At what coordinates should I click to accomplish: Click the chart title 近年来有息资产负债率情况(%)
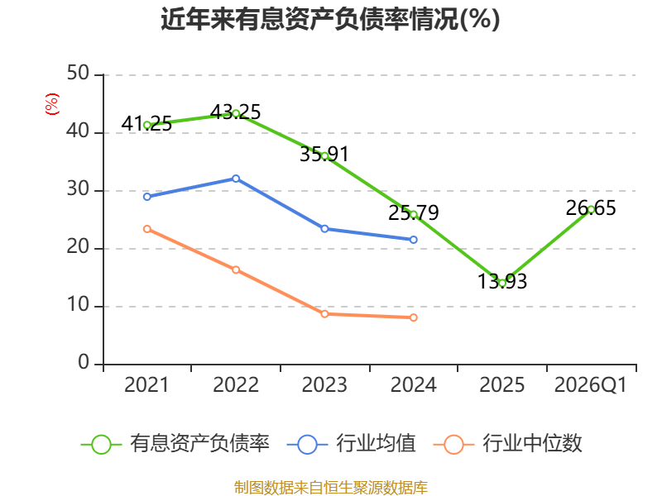pos(330,19)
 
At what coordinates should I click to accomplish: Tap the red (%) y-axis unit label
pos(52,104)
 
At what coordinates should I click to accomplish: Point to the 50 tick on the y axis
pos(78,74)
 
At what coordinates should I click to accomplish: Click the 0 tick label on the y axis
pos(84,362)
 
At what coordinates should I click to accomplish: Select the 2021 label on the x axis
pos(146,385)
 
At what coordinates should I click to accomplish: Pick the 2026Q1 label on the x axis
pos(591,385)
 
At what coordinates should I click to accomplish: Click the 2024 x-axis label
pos(413,385)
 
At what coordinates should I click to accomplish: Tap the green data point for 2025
pos(502,283)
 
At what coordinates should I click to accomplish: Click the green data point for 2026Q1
pos(591,210)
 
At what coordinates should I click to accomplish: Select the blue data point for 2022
pos(236,179)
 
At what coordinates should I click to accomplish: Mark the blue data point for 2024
pos(413,240)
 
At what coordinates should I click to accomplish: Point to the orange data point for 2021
pos(147,229)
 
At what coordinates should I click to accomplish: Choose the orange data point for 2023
pos(324,314)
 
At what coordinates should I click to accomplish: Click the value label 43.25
pos(235,112)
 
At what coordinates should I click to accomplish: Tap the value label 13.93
pos(502,281)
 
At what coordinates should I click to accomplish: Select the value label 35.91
pos(324,154)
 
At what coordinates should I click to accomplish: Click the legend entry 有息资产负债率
pos(175,444)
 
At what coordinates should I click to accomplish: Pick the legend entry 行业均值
pos(351,444)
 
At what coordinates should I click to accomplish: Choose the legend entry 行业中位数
pos(508,444)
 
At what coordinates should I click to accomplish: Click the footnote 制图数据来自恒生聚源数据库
pos(330,487)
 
